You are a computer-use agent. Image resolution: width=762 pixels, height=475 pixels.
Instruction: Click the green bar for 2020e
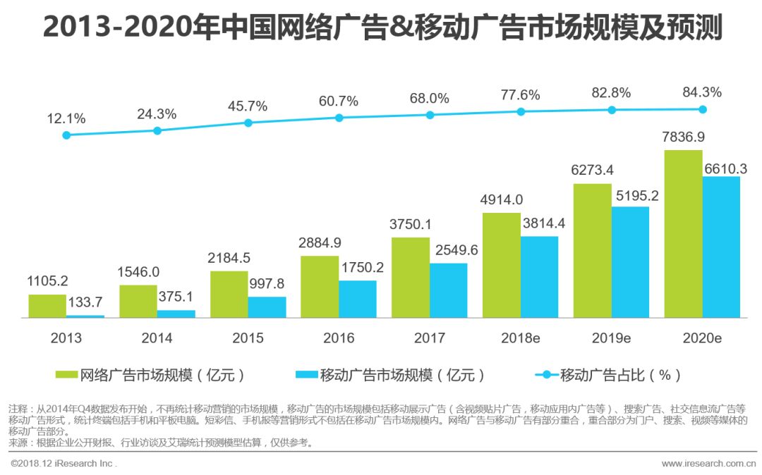tap(683, 234)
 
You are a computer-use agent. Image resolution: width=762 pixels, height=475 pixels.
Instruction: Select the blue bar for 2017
tap(448, 290)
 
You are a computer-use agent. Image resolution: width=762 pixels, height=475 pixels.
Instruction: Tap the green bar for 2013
tap(47, 306)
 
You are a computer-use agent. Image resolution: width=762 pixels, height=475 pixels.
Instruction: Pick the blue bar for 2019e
tap(630, 262)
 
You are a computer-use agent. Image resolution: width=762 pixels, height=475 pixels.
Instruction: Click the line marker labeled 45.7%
tap(248, 123)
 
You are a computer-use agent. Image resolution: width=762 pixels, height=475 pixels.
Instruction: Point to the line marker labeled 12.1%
tap(66, 135)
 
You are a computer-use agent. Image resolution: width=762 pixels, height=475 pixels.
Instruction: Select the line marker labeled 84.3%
tap(703, 109)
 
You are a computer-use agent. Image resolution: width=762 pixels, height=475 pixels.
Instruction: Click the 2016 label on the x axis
tap(339, 338)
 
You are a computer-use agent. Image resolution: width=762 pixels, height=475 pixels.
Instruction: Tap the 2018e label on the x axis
tap(521, 338)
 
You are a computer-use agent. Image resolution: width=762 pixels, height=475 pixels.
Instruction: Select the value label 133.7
tap(85, 302)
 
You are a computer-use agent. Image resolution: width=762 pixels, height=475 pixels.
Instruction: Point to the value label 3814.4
tap(540, 223)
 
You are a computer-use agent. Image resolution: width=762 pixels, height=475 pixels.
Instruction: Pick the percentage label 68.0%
tap(429, 98)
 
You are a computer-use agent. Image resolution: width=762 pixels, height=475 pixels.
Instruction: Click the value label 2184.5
tap(229, 258)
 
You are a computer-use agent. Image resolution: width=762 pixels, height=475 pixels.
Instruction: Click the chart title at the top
tap(381, 28)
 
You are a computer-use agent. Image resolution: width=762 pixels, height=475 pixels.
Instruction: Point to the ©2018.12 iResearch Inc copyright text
tap(64, 463)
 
